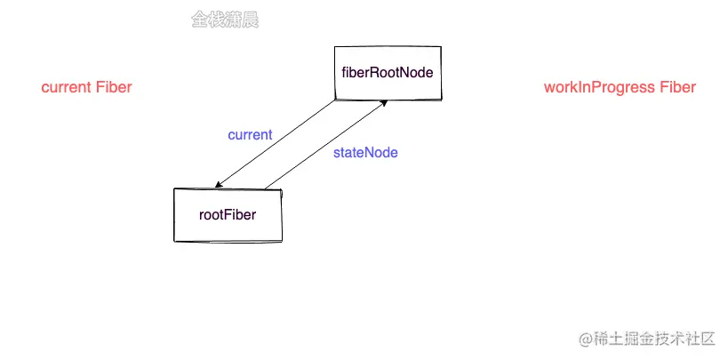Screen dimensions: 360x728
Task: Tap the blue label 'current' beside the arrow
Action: coord(250,135)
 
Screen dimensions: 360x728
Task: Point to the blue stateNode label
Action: coord(365,153)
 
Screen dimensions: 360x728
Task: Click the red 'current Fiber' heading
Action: coord(86,87)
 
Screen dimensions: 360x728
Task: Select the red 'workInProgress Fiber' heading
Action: coord(620,87)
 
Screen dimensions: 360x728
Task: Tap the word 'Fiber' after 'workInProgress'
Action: coord(677,87)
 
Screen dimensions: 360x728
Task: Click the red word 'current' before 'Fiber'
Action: coord(67,87)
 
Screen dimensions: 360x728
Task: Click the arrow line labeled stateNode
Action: coord(324,145)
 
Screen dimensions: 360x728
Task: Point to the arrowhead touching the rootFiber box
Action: coord(219,185)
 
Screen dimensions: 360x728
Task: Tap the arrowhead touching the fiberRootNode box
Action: coord(382,102)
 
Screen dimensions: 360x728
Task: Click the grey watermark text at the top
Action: coord(225,20)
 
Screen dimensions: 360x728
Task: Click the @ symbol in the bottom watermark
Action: coord(586,340)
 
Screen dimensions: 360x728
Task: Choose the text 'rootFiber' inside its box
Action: coord(228,214)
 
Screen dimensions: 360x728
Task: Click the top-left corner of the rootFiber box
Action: coord(174,189)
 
